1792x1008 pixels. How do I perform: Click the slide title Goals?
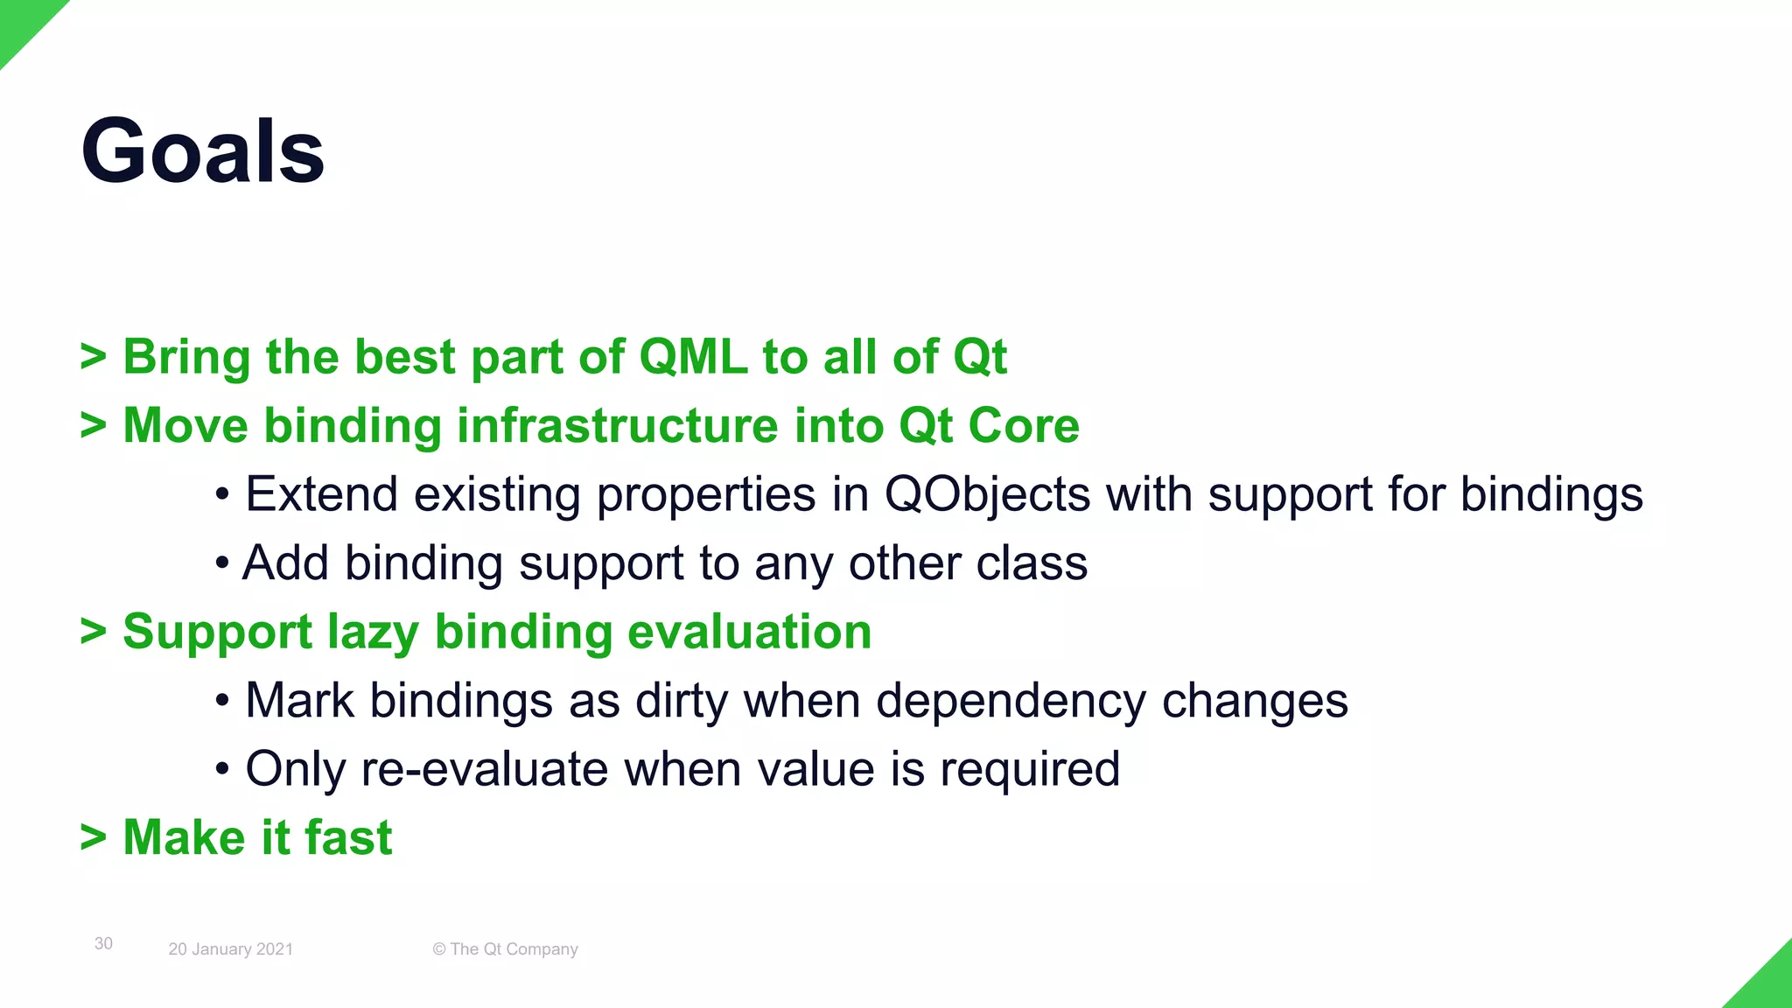(x=203, y=150)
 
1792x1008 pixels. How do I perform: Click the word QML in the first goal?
(x=693, y=357)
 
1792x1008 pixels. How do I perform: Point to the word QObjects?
(x=987, y=494)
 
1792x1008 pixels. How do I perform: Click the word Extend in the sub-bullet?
(x=321, y=494)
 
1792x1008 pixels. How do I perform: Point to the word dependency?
(x=1011, y=701)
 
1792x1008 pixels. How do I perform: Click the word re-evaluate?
(x=485, y=769)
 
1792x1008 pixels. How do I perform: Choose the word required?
(x=1030, y=769)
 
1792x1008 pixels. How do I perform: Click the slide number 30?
(x=103, y=943)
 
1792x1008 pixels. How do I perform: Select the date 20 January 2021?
(x=230, y=949)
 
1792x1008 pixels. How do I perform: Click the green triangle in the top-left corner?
(x=21, y=21)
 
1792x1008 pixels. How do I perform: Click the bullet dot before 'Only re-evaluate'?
(x=222, y=770)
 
